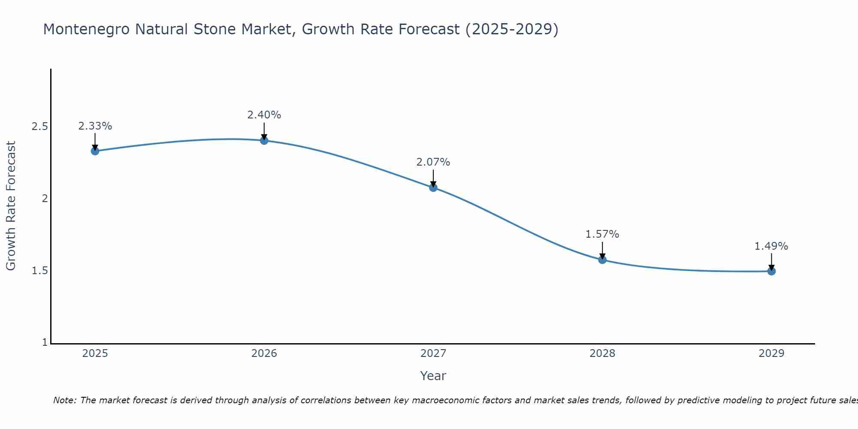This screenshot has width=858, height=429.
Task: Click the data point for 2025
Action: (95, 151)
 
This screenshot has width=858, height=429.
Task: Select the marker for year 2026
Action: (264, 140)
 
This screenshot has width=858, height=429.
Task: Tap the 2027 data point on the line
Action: (433, 187)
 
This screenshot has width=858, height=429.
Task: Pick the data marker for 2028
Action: (602, 260)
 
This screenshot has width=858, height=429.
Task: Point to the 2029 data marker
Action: (771, 271)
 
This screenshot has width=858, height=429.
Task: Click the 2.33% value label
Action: (95, 126)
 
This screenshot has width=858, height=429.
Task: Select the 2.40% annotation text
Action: (264, 115)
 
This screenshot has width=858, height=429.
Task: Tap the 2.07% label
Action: (433, 162)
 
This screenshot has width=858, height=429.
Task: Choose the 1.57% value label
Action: (602, 234)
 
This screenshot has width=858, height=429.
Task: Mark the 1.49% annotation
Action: (771, 246)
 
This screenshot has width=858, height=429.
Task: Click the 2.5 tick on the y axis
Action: (39, 127)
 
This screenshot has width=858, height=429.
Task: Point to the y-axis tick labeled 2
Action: (44, 199)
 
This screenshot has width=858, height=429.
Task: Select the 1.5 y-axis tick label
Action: (39, 271)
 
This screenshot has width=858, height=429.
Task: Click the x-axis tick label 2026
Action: (264, 353)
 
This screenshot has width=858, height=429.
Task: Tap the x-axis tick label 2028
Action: (602, 353)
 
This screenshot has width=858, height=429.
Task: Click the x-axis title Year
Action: (433, 376)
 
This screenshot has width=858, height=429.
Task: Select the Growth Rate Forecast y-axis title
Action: (11, 206)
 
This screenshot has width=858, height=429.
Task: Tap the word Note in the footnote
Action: (64, 400)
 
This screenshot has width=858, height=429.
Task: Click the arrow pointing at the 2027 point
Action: (433, 178)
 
